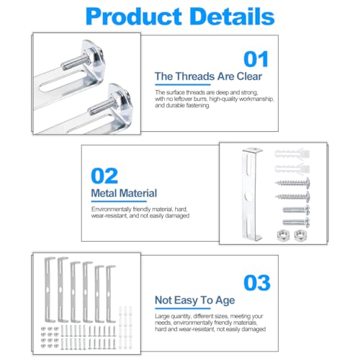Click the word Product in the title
134,17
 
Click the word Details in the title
233,17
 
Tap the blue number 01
256,59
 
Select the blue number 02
104,176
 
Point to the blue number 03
257,283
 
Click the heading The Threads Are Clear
208,76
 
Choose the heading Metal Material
124,193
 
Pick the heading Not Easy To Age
195,300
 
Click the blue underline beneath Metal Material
119,202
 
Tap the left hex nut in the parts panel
283,235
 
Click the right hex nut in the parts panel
300,235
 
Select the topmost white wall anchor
292,153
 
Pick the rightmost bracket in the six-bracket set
110,294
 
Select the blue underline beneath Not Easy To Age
183,308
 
